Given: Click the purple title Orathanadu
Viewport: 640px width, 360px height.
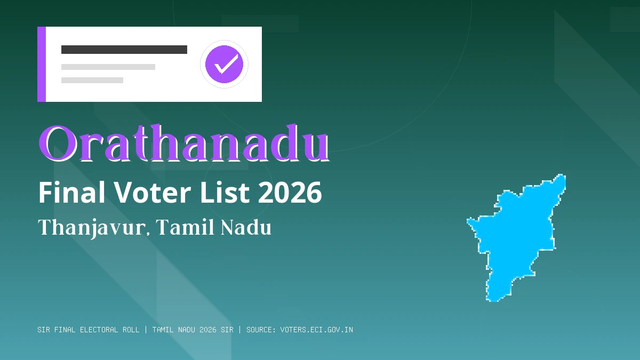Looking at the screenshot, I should (183, 144).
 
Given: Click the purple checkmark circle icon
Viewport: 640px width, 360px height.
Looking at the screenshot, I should (224, 65).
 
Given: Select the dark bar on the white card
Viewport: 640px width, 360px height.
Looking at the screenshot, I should (124, 50).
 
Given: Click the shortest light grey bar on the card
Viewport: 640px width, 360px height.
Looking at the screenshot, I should (92, 80).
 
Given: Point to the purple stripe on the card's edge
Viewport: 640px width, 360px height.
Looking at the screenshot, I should (42, 64).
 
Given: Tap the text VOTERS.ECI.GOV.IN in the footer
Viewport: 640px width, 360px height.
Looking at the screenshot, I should (316, 330).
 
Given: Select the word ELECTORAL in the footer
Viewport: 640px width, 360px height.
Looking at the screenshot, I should (99, 330).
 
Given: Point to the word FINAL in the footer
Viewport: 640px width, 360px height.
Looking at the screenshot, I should (65, 330).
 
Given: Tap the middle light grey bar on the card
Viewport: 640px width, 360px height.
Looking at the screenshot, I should (108, 67).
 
